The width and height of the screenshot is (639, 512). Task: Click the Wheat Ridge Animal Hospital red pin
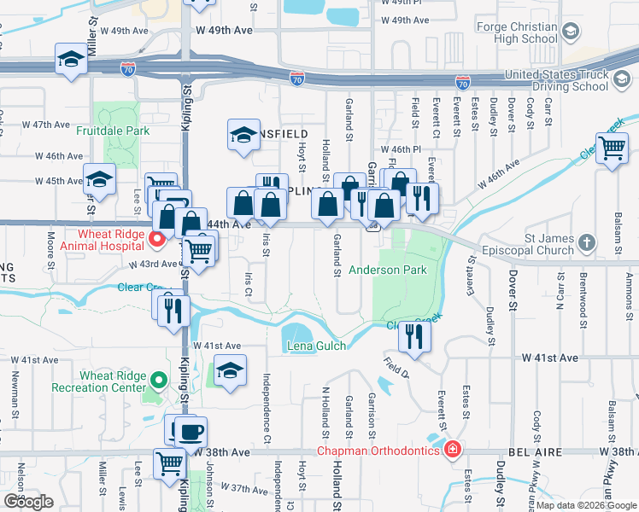pyautogui.click(x=157, y=239)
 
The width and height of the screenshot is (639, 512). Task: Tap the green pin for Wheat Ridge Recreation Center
pyautogui.click(x=157, y=381)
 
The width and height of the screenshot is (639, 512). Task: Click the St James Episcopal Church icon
pyautogui.click(x=585, y=244)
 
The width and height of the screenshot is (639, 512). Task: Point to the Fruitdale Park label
pyautogui.click(x=113, y=131)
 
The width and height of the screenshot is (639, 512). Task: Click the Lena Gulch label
pyautogui.click(x=316, y=346)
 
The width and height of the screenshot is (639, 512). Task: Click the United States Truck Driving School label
pyautogui.click(x=567, y=80)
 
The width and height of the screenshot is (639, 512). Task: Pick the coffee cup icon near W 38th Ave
pyautogui.click(x=191, y=431)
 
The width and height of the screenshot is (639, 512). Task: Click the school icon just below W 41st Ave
pyautogui.click(x=230, y=371)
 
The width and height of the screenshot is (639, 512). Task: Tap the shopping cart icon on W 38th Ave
pyautogui.click(x=169, y=463)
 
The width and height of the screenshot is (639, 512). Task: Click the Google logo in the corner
pyautogui.click(x=28, y=502)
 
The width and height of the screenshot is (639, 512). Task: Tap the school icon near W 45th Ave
pyautogui.click(x=99, y=178)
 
